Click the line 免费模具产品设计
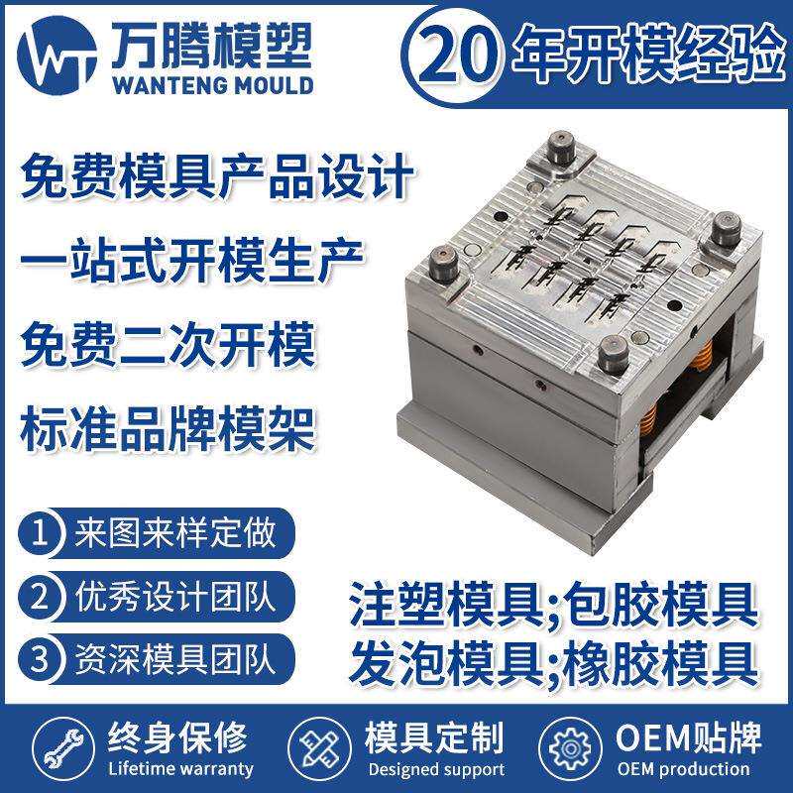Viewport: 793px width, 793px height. point(216,179)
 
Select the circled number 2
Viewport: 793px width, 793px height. point(41,597)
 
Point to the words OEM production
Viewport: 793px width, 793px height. point(683,769)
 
